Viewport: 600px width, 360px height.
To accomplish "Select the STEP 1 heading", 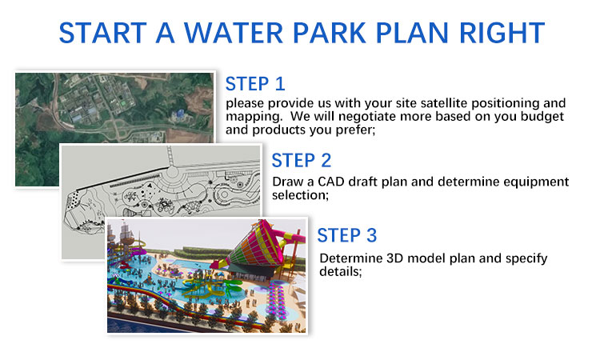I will click(x=255, y=84).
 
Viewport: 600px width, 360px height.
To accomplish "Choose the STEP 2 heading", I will click(x=301, y=160).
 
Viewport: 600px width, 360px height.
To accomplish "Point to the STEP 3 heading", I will click(x=346, y=235).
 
